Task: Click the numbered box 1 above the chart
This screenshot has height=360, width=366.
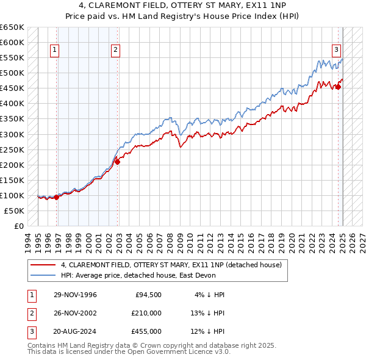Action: point(55,50)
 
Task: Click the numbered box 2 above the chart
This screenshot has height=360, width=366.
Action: point(115,50)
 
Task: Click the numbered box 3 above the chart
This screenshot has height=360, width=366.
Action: point(336,50)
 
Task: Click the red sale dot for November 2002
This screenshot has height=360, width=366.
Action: point(118,162)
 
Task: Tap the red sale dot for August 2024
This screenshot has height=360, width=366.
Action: point(338,87)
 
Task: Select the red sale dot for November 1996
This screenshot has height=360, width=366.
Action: point(56,197)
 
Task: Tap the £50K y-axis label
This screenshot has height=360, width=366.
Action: point(15,211)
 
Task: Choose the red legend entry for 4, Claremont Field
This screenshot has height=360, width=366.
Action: point(171,265)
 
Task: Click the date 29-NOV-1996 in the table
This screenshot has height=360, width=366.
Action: point(75,295)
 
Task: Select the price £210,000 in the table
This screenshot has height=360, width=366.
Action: point(146,313)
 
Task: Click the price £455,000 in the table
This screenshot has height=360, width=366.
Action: point(146,331)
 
